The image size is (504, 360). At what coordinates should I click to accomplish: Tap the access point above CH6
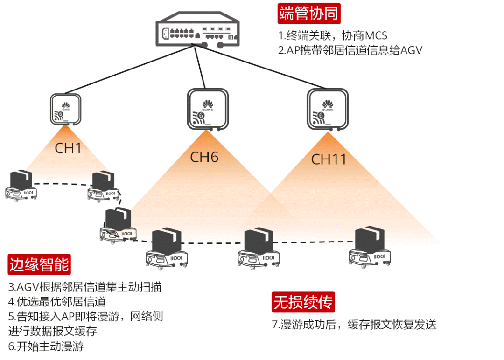click(x=208, y=109)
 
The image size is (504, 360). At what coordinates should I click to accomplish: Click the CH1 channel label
click(x=68, y=148)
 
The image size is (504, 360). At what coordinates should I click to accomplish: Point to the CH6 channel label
click(x=204, y=157)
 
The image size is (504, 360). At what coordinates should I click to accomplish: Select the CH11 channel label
click(x=329, y=159)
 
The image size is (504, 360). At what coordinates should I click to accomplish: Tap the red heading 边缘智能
click(x=39, y=264)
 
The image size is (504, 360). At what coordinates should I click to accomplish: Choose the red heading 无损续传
click(x=303, y=302)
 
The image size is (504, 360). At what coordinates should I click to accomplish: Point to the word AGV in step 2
click(x=412, y=50)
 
